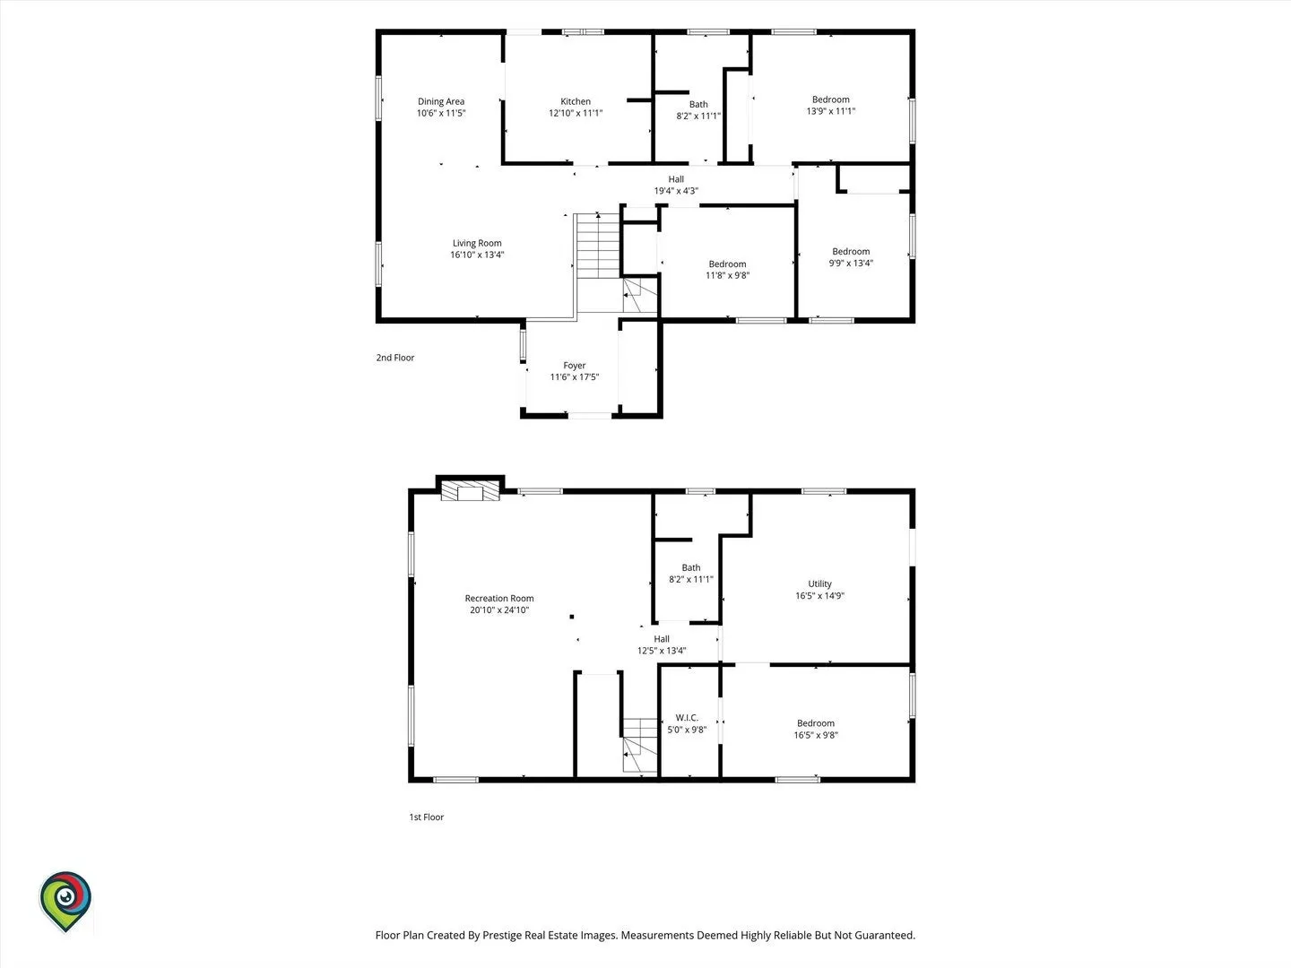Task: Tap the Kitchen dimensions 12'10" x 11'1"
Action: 576,113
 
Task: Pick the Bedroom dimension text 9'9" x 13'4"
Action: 851,263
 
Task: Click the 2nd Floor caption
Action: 395,358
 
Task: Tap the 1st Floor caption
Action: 427,817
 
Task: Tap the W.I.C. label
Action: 687,718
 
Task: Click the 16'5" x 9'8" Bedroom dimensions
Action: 816,735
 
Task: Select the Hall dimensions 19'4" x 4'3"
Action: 676,190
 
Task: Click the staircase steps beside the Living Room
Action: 598,246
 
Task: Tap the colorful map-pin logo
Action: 65,902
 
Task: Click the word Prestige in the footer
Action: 505,935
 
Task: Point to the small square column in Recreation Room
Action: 572,617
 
